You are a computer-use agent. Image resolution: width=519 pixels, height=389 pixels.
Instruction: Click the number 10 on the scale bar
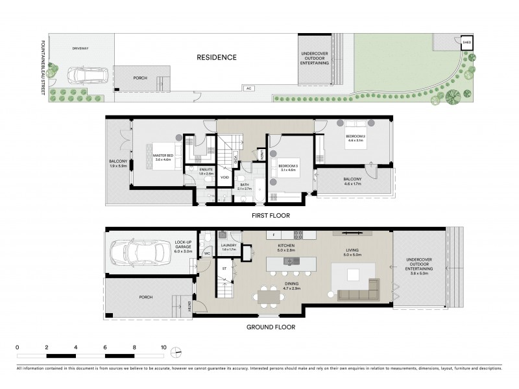click(164, 347)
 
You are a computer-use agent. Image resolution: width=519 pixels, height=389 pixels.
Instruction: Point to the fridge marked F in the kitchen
click(274, 234)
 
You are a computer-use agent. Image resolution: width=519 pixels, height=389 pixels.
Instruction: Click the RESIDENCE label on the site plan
click(217, 58)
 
